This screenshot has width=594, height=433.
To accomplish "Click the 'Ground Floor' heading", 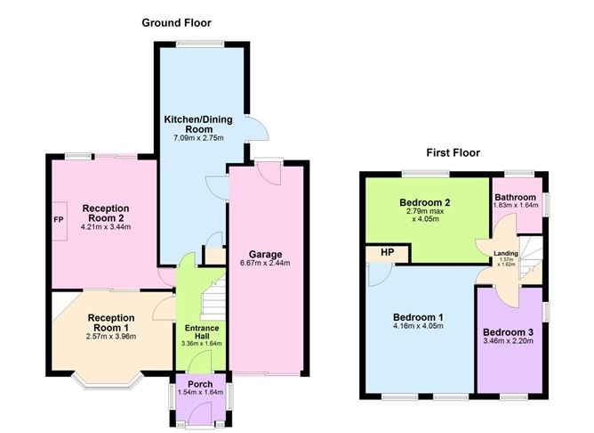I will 176,22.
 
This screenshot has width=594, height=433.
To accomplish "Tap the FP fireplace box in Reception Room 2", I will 59,220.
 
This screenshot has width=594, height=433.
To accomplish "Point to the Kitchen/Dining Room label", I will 193,123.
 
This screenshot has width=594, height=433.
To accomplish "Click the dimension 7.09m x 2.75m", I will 193,138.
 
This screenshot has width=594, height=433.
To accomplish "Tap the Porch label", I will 199,384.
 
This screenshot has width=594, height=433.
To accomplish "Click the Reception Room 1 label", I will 111,322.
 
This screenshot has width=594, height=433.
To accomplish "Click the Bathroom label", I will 515,197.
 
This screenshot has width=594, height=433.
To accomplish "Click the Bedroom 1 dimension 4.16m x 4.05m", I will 418,326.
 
